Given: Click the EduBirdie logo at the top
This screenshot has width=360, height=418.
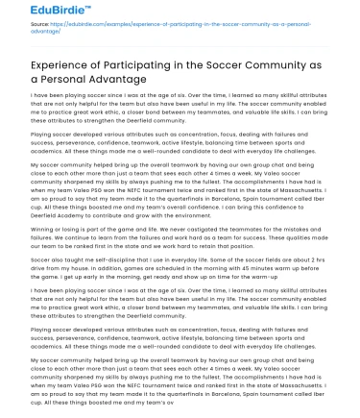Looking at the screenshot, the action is tap(36, 12).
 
